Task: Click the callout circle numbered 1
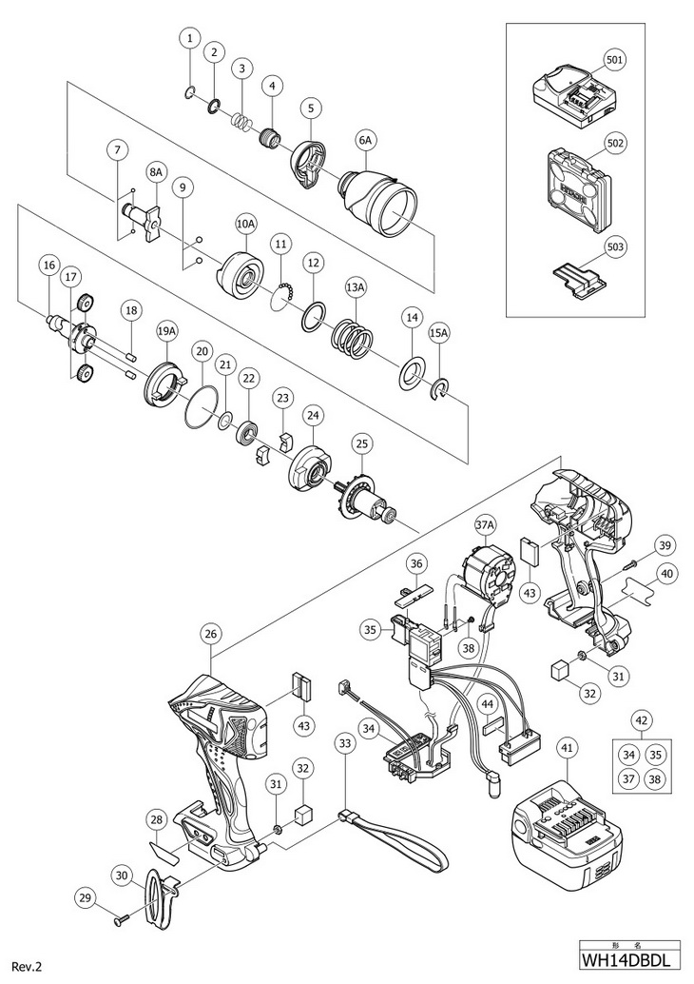coord(190,38)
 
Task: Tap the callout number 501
coord(615,59)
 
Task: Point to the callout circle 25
coord(360,443)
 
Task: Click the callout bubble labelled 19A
coord(167,330)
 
